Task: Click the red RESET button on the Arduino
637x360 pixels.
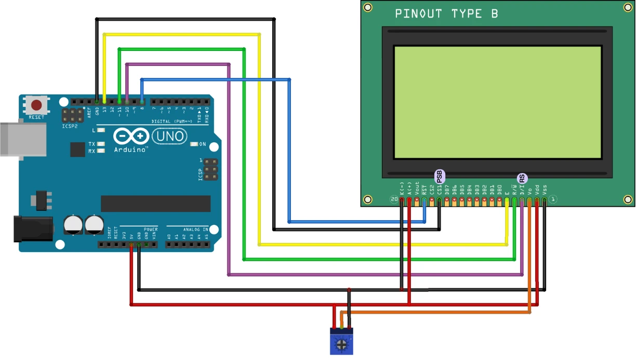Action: pos(36,106)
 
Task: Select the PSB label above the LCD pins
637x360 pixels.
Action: pos(439,177)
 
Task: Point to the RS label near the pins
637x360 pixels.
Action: pos(522,179)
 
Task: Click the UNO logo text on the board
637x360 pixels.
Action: pos(169,137)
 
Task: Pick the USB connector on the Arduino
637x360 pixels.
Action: pos(23,139)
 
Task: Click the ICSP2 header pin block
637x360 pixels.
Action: pos(73,115)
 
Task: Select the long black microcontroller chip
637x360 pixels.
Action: pos(155,204)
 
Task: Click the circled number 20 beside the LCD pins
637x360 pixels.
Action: pos(394,199)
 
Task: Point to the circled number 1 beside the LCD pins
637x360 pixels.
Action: pos(553,199)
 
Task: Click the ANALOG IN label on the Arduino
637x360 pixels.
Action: pos(195,229)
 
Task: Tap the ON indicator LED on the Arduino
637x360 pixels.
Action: pos(195,144)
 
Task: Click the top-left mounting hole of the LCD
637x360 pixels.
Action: pos(368,7)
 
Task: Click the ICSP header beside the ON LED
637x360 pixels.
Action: pos(210,170)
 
